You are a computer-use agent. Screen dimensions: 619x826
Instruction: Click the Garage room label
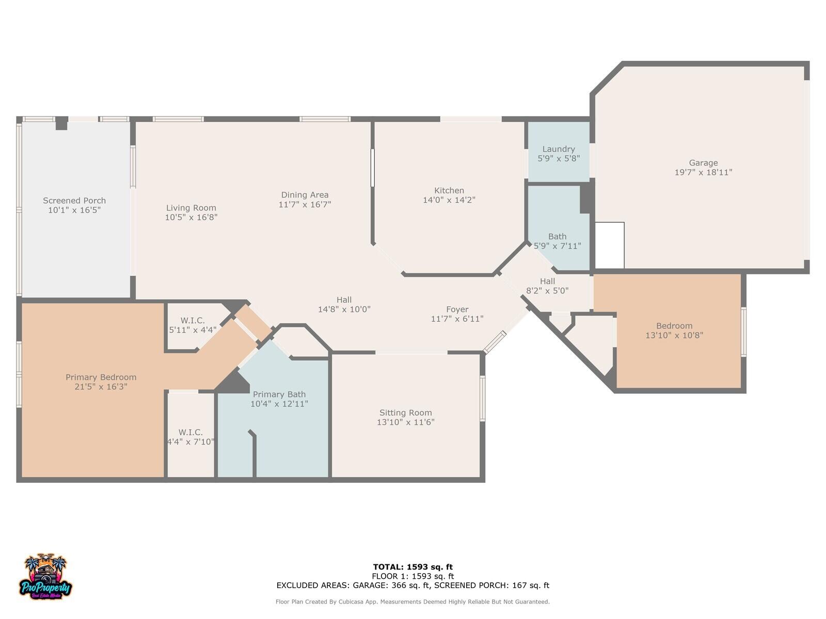703,163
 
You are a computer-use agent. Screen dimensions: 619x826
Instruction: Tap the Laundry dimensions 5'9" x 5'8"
558,159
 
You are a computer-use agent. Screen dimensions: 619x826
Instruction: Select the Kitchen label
449,190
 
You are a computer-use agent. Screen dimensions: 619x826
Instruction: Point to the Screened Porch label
74,201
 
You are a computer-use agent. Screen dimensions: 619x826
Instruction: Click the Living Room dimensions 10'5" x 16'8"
191,218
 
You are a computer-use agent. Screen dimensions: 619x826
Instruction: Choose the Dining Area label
305,195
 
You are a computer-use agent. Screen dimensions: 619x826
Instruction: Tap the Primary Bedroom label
101,378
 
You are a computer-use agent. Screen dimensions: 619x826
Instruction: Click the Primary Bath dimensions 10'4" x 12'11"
279,404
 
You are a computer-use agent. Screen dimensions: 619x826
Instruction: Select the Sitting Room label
405,413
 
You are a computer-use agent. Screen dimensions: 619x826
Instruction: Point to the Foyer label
457,309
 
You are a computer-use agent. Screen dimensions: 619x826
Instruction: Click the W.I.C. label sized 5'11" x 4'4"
193,321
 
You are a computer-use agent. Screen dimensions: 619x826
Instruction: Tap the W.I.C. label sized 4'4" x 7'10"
190,432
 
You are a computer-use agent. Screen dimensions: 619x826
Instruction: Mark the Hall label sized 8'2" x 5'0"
547,281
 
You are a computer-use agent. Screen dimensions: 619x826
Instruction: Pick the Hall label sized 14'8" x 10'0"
344,300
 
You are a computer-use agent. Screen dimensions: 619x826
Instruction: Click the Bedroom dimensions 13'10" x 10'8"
674,335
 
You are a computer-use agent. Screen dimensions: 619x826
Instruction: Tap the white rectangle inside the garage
610,246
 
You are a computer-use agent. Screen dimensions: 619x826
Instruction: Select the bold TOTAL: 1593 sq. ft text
412,567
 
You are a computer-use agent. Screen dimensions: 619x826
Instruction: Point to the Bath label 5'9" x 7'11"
557,237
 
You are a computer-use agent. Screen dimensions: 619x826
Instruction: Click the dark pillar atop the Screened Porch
61,123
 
